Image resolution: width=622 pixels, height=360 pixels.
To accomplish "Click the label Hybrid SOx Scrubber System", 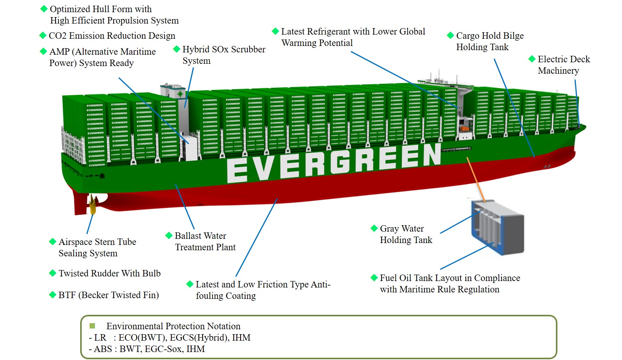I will point(223,55).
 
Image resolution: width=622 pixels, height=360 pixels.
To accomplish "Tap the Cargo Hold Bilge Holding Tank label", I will point(489,41).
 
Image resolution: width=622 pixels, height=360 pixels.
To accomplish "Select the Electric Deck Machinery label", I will point(563,65).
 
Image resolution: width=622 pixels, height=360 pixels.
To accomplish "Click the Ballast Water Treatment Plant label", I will point(205,242).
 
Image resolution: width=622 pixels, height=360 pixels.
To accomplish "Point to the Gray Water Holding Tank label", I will point(406,234).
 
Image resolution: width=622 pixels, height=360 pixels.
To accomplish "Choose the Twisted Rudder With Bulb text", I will point(109,273).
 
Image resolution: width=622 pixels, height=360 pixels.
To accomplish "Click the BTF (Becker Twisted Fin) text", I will point(108,295).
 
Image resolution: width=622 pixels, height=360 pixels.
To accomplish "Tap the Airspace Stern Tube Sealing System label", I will point(97,248).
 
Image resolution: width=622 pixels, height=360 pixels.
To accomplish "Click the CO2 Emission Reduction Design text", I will point(112,36).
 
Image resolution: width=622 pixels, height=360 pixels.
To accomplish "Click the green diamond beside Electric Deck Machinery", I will point(532,59).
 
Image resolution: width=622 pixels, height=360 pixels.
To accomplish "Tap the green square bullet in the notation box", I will point(92,326).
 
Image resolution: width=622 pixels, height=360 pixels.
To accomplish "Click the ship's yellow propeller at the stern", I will point(93,204).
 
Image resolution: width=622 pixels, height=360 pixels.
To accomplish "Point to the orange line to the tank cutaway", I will point(476,179).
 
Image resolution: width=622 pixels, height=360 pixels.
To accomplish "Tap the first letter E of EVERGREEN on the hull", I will point(237,171).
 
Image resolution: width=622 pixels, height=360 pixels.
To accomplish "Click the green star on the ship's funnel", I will point(180,93).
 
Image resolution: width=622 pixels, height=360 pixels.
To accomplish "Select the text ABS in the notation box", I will point(103,349).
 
